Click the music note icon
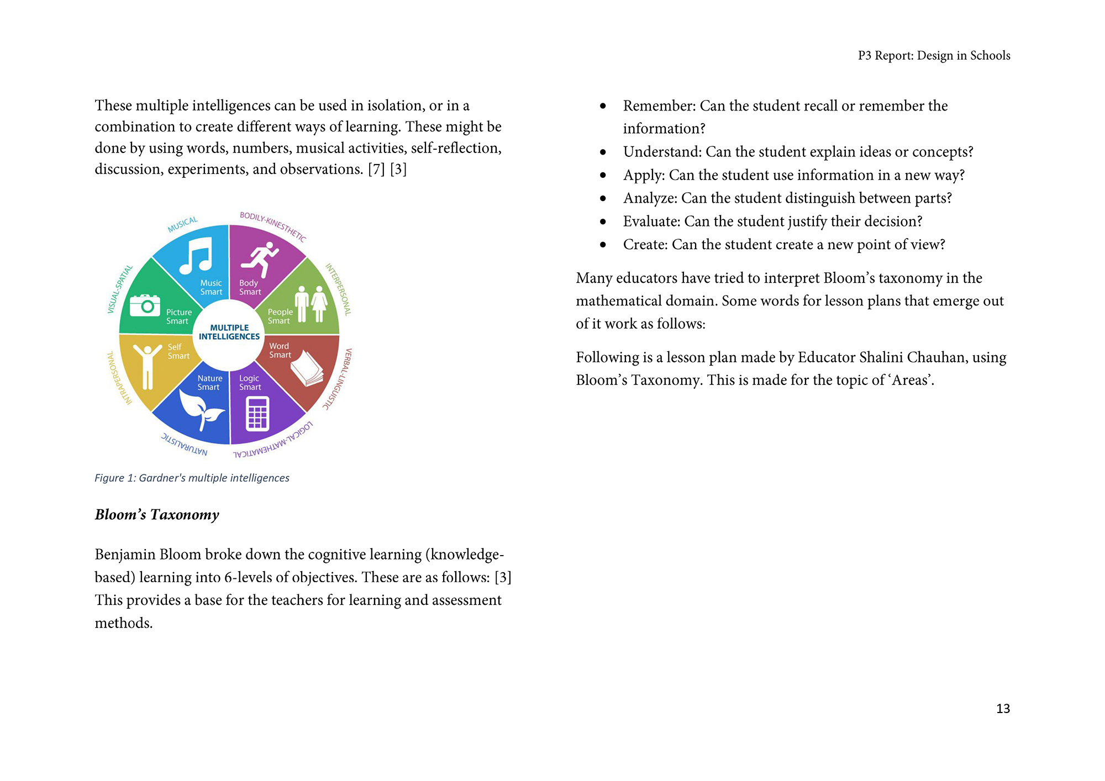coord(196,256)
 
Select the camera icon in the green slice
coord(145,305)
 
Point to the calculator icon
coord(257,414)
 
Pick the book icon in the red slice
coord(307,368)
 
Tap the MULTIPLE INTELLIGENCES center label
coord(229,332)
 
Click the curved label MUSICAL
coord(182,224)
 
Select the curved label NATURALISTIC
coord(185,444)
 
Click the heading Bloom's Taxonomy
coord(157,515)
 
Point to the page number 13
coord(1003,709)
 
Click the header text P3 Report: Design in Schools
coord(934,56)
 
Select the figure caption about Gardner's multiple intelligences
coord(192,478)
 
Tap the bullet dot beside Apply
coord(603,175)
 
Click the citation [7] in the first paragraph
coord(376,169)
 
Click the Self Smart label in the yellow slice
coord(178,351)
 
